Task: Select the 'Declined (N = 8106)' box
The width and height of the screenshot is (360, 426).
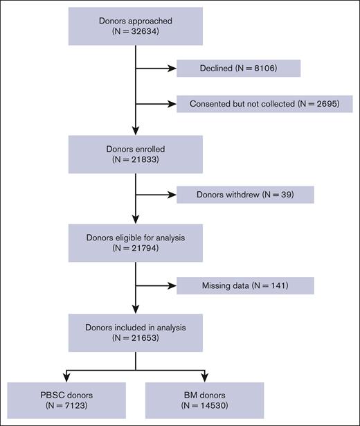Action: tap(238, 68)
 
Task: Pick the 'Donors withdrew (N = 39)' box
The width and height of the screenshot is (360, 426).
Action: tap(245, 195)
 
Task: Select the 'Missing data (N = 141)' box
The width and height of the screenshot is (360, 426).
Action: tap(245, 285)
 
